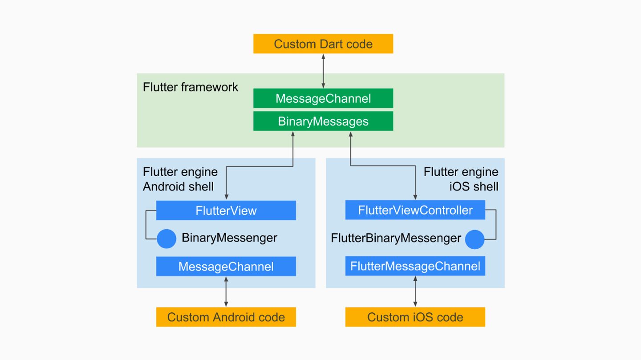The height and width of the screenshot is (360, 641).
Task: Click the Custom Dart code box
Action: (x=323, y=44)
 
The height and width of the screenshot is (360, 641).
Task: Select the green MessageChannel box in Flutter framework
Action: (x=323, y=98)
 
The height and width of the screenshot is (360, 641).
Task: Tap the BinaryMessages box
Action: (x=323, y=121)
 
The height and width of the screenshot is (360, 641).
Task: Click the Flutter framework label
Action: (x=191, y=87)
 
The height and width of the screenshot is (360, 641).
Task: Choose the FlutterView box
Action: (x=226, y=210)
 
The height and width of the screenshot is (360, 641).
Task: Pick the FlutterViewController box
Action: (x=415, y=210)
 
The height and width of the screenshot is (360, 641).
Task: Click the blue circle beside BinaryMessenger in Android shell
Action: (x=166, y=239)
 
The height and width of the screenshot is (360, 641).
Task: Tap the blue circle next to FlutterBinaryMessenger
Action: (x=475, y=239)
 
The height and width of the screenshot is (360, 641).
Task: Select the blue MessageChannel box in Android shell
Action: (x=226, y=267)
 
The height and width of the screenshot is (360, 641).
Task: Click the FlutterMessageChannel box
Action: (x=415, y=267)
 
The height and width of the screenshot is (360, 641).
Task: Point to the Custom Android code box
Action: (x=226, y=317)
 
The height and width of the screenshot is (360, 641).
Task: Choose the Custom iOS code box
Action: (x=415, y=317)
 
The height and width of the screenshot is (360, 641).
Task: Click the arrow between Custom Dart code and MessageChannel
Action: (x=323, y=71)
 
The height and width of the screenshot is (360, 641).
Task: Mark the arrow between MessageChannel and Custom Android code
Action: (x=226, y=291)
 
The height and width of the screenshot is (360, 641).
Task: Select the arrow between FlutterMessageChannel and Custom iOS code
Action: (x=415, y=291)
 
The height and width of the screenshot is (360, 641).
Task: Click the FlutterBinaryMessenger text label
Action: (x=396, y=239)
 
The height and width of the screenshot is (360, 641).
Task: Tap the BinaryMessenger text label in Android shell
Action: (x=229, y=238)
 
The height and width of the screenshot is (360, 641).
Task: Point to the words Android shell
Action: (x=178, y=186)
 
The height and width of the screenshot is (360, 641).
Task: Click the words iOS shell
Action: (x=474, y=186)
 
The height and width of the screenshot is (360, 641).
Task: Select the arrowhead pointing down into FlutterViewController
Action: (x=415, y=196)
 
